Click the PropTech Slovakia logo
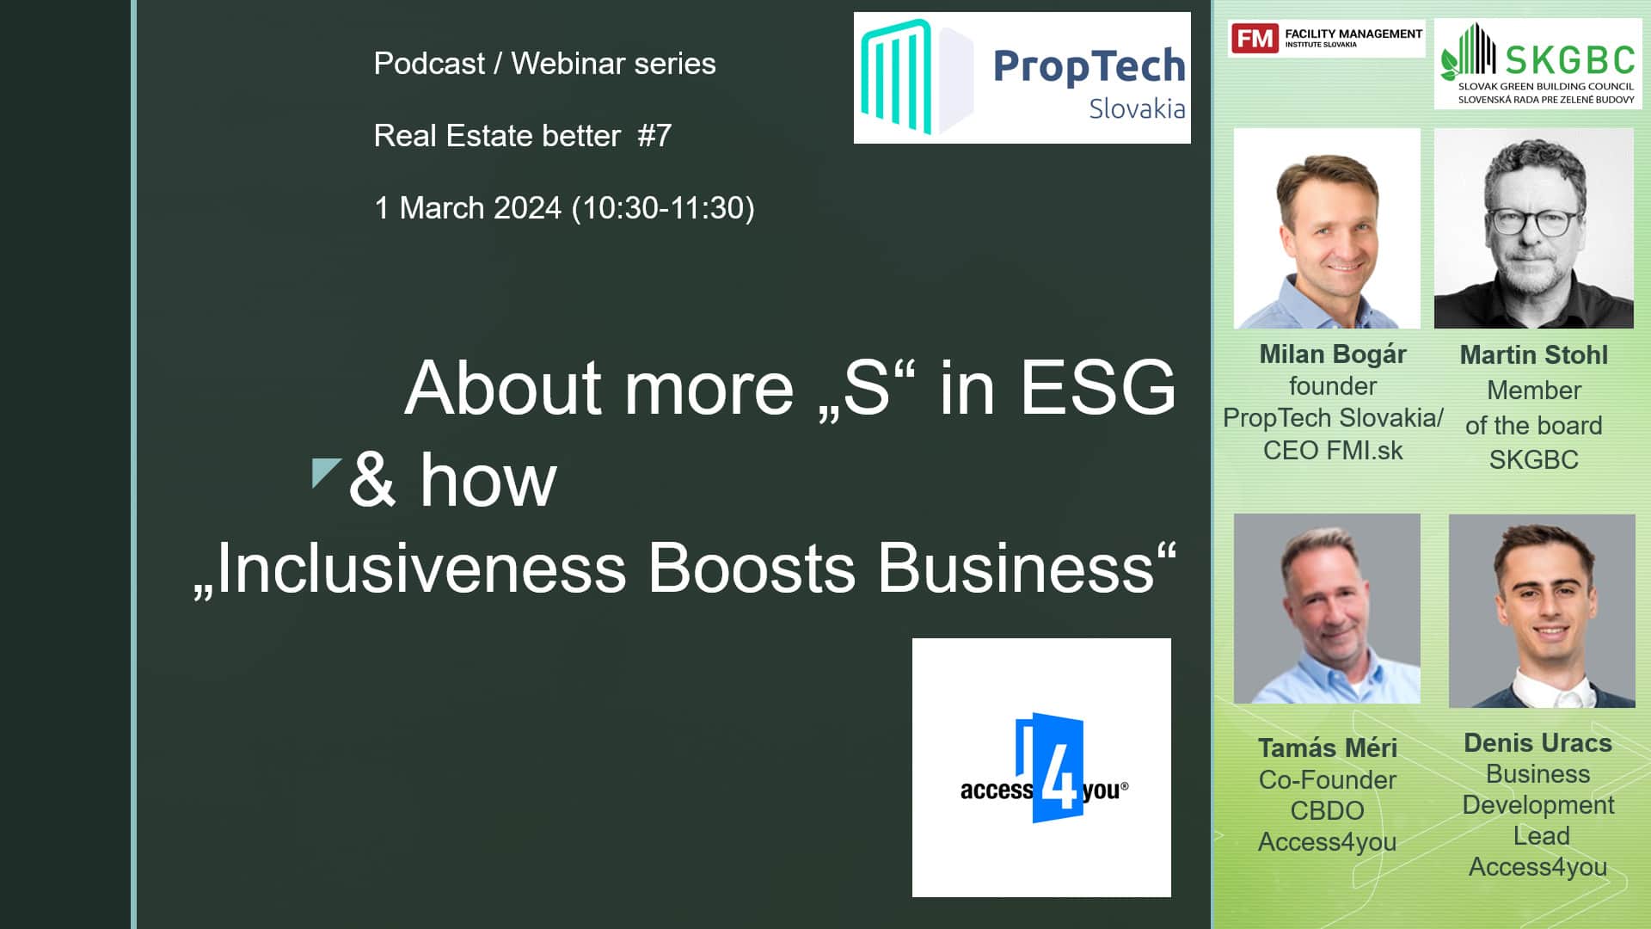[1022, 77]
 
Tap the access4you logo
[1041, 767]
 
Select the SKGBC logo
[1537, 64]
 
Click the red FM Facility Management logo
[1326, 39]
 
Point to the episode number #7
[654, 136]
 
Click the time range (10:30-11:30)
[663, 208]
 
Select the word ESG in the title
[1097, 388]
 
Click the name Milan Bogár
[1333, 354]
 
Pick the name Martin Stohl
[1534, 355]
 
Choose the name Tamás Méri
[1328, 748]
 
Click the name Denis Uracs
[1538, 743]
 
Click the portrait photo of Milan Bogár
[1327, 229]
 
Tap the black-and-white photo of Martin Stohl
[1534, 228]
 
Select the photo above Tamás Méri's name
[1327, 609]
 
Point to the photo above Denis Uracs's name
[1542, 611]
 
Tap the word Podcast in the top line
[429, 64]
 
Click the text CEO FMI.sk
[1333, 451]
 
